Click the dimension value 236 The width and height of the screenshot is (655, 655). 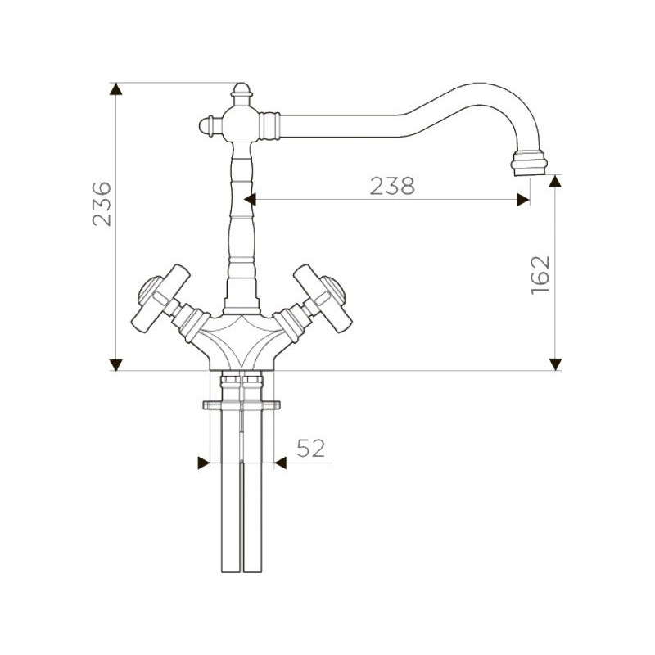pyautogui.click(x=102, y=204)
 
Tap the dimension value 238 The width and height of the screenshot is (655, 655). pyautogui.click(x=392, y=187)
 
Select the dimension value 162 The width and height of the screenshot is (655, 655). pyautogui.click(x=540, y=275)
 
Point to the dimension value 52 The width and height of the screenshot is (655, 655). pyautogui.click(x=311, y=448)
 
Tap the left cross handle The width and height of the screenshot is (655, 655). pyautogui.click(x=160, y=298)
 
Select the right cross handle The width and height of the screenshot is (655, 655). pyautogui.click(x=323, y=298)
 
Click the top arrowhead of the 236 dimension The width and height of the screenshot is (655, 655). pyautogui.click(x=115, y=89)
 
